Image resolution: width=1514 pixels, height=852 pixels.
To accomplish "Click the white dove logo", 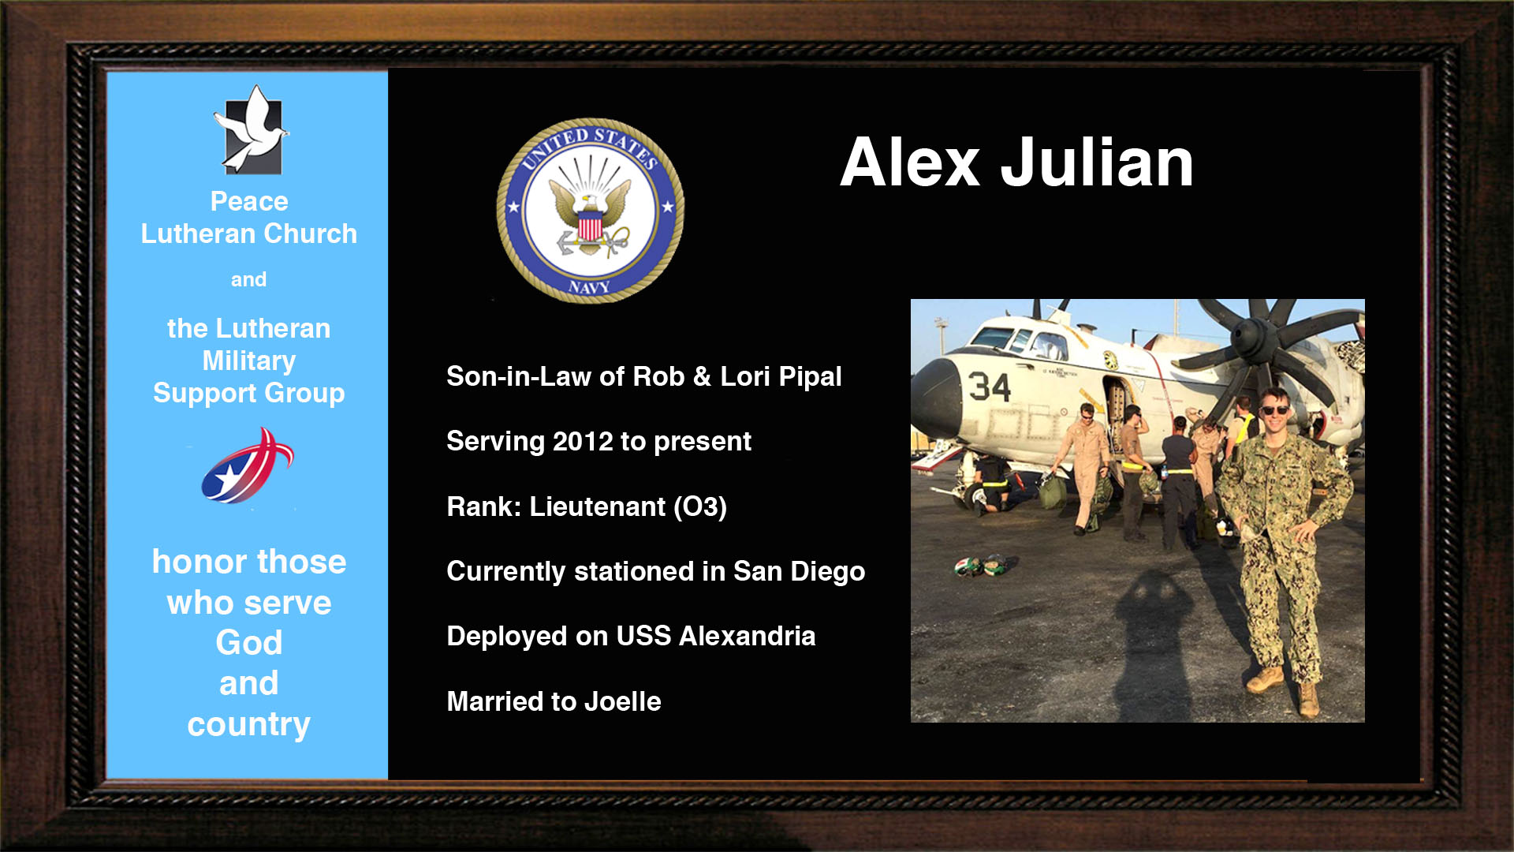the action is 251,130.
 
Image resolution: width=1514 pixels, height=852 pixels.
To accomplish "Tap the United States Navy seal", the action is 590,211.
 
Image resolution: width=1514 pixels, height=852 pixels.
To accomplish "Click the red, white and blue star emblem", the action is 248,466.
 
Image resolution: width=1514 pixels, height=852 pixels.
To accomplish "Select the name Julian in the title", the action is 1097,163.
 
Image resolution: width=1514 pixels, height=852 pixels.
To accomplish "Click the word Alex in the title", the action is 909,163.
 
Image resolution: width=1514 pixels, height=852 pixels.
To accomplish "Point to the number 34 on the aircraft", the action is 989,387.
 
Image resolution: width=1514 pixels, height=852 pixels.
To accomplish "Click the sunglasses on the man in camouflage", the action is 1274,409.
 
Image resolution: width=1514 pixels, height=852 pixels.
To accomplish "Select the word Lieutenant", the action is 597,506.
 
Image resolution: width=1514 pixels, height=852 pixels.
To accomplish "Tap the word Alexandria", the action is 747,636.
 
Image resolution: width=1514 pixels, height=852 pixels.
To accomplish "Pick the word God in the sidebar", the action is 249,643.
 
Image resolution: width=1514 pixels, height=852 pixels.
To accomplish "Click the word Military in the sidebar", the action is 249,361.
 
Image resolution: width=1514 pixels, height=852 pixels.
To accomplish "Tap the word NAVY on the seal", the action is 590,287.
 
